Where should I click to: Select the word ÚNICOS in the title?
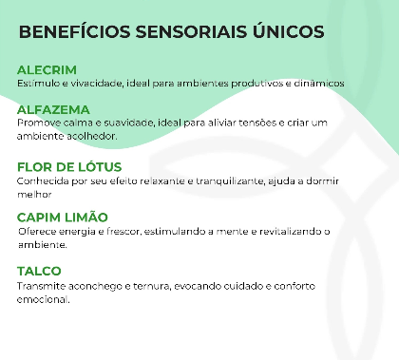280,31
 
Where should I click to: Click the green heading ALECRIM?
47,69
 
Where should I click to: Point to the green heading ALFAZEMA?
53,109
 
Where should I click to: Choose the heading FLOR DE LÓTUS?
69,167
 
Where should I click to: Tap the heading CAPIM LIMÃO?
63,217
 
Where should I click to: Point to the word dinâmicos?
318,83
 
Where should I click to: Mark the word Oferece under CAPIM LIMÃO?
38,231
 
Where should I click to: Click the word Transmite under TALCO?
41,285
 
